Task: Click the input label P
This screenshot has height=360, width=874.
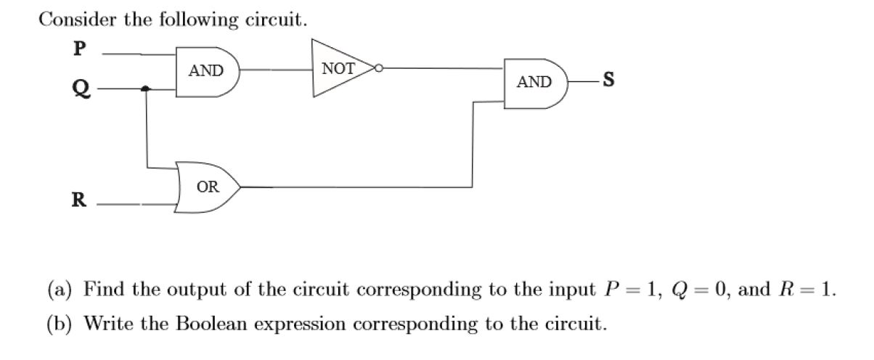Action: click(x=80, y=49)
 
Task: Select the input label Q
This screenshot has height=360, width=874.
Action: click(x=81, y=89)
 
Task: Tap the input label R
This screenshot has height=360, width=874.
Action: click(x=79, y=200)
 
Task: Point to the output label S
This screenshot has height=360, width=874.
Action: click(x=608, y=79)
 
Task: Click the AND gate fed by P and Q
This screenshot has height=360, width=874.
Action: click(x=207, y=72)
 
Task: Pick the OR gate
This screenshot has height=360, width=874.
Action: click(x=207, y=187)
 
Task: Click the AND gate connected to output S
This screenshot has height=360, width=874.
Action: click(x=536, y=83)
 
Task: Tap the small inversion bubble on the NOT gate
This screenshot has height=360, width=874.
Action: click(x=378, y=68)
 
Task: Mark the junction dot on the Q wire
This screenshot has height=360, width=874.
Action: click(x=145, y=89)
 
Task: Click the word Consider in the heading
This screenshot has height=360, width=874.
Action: click(x=77, y=20)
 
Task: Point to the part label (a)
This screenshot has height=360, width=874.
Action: click(x=60, y=290)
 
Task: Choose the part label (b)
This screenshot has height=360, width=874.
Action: click(x=60, y=324)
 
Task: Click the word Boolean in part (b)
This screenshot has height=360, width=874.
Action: click(x=211, y=323)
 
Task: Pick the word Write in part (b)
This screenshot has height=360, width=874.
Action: click(x=108, y=323)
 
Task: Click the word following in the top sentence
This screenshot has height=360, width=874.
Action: click(x=199, y=20)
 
